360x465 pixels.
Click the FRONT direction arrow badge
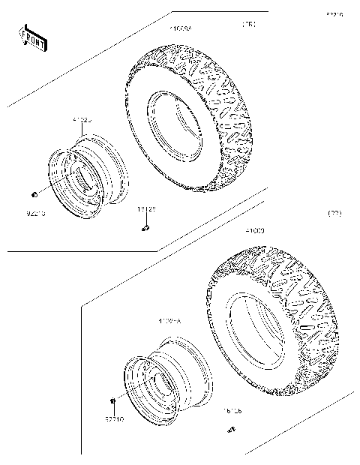32,37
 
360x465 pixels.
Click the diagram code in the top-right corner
334,14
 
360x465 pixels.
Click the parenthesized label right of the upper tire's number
248,25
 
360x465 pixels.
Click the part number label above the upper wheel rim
82,119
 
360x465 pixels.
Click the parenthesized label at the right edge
334,214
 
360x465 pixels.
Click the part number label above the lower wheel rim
169,321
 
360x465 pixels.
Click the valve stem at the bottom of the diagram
231,430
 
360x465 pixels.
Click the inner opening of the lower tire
255,330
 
